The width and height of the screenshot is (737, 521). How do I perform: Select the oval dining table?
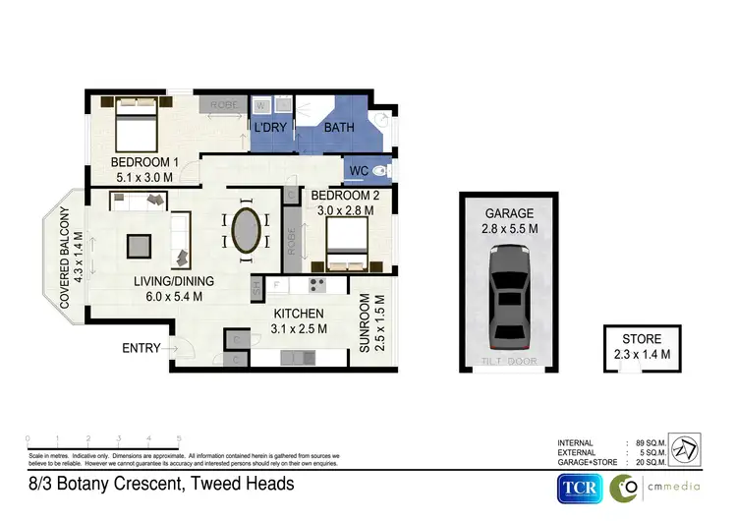(246, 232)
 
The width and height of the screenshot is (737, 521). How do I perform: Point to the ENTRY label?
(142, 348)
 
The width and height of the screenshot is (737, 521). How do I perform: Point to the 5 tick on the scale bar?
(179, 438)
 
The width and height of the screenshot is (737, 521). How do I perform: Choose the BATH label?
(339, 129)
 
